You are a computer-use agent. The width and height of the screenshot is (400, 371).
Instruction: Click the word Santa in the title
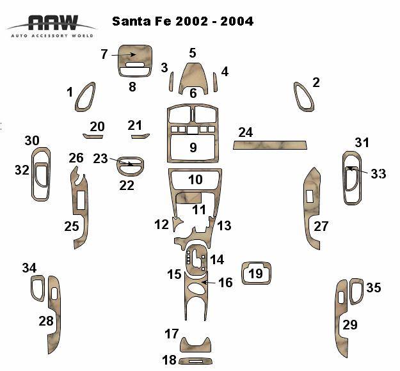click(x=132, y=21)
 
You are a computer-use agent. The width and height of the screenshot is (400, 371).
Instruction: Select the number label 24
click(x=245, y=132)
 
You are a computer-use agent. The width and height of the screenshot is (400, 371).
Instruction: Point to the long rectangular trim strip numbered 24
click(x=269, y=145)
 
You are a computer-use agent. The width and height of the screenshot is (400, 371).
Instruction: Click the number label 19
click(x=255, y=274)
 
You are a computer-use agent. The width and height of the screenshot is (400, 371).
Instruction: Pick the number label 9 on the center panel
click(x=193, y=148)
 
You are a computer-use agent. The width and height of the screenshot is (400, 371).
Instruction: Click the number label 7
click(x=104, y=54)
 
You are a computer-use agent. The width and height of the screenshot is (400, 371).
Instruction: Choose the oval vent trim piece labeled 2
click(x=303, y=97)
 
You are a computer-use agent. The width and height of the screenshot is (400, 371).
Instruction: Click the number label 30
click(x=32, y=141)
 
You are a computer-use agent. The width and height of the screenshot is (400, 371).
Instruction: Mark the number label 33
click(x=378, y=173)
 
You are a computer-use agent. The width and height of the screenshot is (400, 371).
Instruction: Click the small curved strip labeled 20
click(x=93, y=136)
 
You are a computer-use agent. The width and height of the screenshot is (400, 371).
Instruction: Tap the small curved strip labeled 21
click(x=140, y=136)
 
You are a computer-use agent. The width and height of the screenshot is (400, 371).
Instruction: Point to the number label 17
click(x=171, y=334)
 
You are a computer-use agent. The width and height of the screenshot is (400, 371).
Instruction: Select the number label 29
click(x=349, y=324)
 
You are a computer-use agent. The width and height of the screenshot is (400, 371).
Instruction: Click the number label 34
click(x=29, y=267)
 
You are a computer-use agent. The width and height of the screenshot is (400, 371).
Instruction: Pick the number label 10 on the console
click(x=195, y=180)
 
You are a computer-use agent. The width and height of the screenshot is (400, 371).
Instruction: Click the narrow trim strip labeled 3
click(x=172, y=82)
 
